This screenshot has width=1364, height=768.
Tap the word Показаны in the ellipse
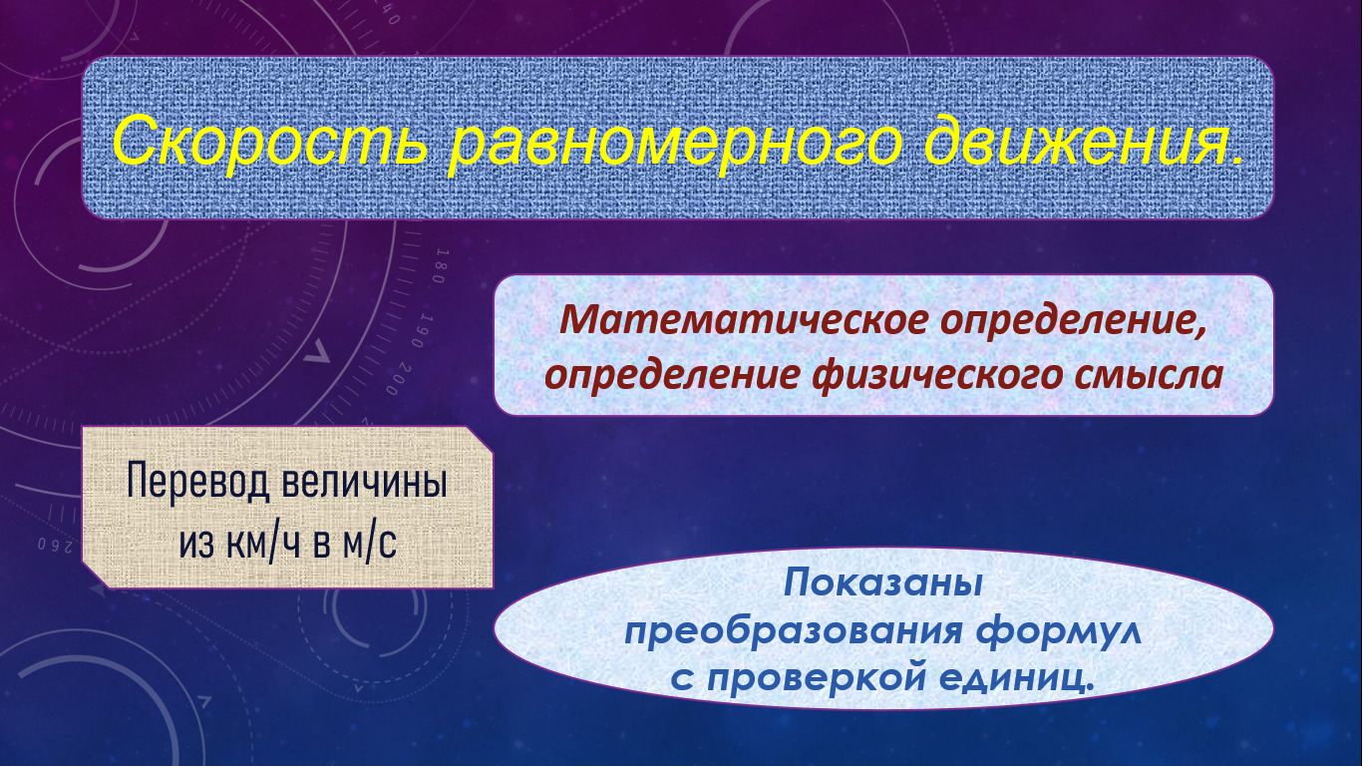point(882,583)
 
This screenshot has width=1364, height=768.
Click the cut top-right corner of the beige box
point(481,438)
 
